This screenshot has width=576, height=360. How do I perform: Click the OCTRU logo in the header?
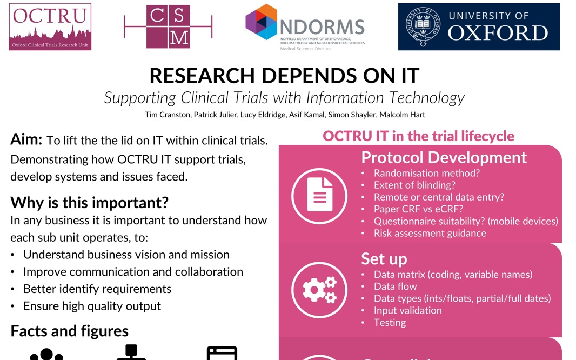[50, 26]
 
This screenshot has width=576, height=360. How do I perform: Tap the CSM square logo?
[168, 26]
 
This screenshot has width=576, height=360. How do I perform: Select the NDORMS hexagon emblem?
[261, 22]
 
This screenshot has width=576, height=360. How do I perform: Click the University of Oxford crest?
[423, 26]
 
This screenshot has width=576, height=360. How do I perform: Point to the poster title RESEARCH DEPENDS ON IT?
[284, 76]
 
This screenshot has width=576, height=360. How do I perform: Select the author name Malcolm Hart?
[404, 115]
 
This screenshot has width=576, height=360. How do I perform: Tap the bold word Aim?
[26, 140]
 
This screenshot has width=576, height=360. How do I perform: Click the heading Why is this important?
[89, 203]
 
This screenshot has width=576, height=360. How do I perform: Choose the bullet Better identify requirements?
[97, 289]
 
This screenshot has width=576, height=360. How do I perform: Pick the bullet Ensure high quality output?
[92, 306]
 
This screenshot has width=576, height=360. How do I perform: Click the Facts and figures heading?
[69, 331]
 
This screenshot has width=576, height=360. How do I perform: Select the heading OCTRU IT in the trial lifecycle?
[418, 136]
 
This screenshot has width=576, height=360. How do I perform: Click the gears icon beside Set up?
[319, 290]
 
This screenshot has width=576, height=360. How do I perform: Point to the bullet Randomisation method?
[427, 173]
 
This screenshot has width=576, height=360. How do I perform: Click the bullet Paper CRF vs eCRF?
[418, 209]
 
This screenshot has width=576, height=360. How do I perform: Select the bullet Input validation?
[407, 310]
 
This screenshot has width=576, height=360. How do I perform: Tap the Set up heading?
[384, 259]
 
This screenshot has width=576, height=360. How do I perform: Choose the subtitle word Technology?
[424, 98]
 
